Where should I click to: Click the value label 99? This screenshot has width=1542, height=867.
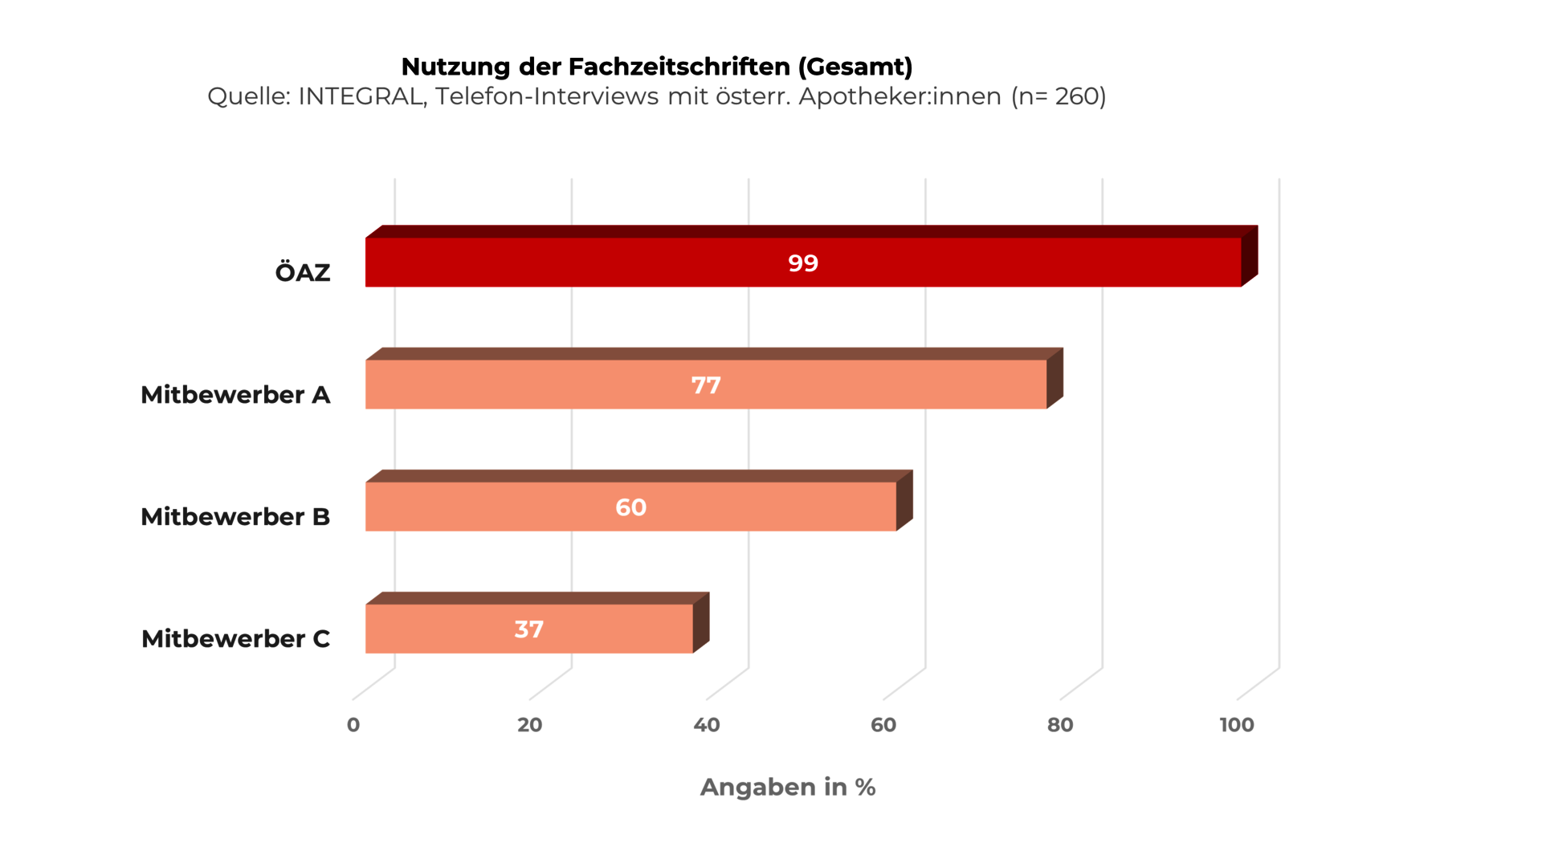tap(803, 263)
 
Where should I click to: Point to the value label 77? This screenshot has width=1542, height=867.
tap(706, 385)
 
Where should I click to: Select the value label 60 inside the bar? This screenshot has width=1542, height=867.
tap(630, 507)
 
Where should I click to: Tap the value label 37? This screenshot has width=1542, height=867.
tap(528, 629)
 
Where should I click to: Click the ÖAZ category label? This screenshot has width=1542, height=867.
tap(303, 272)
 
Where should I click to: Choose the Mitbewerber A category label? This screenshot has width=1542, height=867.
tap(235, 395)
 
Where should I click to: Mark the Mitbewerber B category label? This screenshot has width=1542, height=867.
tap(235, 517)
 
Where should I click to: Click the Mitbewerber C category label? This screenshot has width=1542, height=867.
tap(235, 639)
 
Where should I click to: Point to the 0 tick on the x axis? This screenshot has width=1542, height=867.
tap(353, 725)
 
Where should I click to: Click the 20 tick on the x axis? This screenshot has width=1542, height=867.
tap(530, 725)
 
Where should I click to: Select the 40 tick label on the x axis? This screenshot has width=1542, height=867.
tap(707, 725)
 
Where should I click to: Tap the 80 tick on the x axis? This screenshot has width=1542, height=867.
tap(1060, 725)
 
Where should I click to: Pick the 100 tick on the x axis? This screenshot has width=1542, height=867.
tap(1237, 725)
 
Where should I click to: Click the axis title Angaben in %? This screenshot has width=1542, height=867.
tap(788, 787)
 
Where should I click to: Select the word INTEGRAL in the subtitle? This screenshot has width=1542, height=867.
tap(362, 96)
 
